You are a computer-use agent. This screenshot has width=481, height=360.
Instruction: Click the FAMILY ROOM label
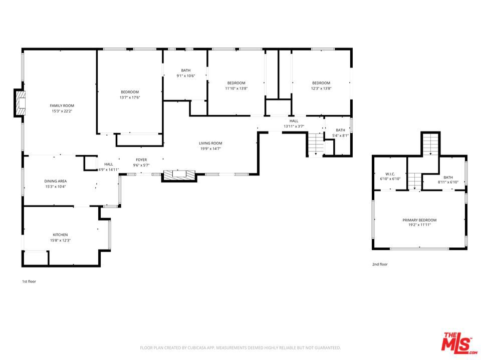coord(62,105)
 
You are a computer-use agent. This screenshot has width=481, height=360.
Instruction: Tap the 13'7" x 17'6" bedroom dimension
coord(130,97)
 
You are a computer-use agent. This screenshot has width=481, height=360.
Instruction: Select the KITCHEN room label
coord(60,235)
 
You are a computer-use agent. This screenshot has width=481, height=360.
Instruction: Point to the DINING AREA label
coord(56,181)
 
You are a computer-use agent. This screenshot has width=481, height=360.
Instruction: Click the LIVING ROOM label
coord(210,143)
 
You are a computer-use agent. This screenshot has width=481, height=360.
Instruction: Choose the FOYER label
coord(141,160)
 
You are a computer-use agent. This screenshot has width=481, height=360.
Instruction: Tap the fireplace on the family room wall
coord(20,103)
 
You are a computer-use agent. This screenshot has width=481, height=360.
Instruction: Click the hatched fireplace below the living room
coord(179,175)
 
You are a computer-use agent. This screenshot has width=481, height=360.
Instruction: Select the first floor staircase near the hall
coord(316,144)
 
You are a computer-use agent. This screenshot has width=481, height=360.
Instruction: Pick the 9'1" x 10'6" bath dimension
coord(186,75)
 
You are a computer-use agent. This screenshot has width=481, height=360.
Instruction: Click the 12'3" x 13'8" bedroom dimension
coord(321,88)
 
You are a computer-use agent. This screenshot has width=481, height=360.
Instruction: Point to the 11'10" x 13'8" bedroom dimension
coord(236,88)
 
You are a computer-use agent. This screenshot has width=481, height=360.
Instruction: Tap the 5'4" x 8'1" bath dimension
coord(341,135)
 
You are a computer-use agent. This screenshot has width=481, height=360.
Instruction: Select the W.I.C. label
coord(390,174)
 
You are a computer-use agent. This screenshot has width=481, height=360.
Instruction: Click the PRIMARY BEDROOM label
coord(419,220)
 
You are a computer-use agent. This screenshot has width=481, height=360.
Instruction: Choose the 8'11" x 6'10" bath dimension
coord(448,182)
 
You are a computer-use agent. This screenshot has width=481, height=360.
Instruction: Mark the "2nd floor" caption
coord(380,264)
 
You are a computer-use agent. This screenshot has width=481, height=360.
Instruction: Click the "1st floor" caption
coord(29,281)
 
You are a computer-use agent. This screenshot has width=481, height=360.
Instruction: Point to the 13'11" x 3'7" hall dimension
coord(294,126)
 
